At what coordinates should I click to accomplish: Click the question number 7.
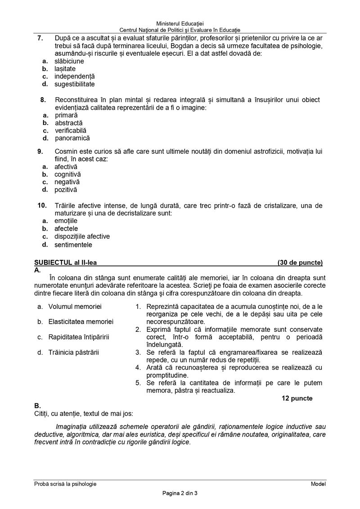tap(40, 38)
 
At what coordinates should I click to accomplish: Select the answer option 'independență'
tap(75, 76)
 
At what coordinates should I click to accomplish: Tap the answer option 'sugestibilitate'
tap(75, 84)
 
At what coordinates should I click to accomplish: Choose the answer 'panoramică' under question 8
tap(72, 138)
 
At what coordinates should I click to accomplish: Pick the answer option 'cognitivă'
tap(67, 174)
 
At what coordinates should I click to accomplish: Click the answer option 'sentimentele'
tap(73, 245)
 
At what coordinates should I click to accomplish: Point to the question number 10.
tap(42, 205)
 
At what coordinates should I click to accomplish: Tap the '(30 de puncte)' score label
tap(300, 263)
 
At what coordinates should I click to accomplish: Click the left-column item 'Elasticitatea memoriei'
tap(81, 321)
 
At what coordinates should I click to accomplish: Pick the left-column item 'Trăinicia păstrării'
tap(74, 352)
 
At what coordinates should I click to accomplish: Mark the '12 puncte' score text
tap(297, 398)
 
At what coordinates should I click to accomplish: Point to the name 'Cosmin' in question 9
tap(65, 152)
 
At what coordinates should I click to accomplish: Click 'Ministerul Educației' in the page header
tap(180, 23)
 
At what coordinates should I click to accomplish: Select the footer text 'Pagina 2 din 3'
tap(180, 494)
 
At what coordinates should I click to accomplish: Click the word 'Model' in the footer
tap(318, 484)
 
